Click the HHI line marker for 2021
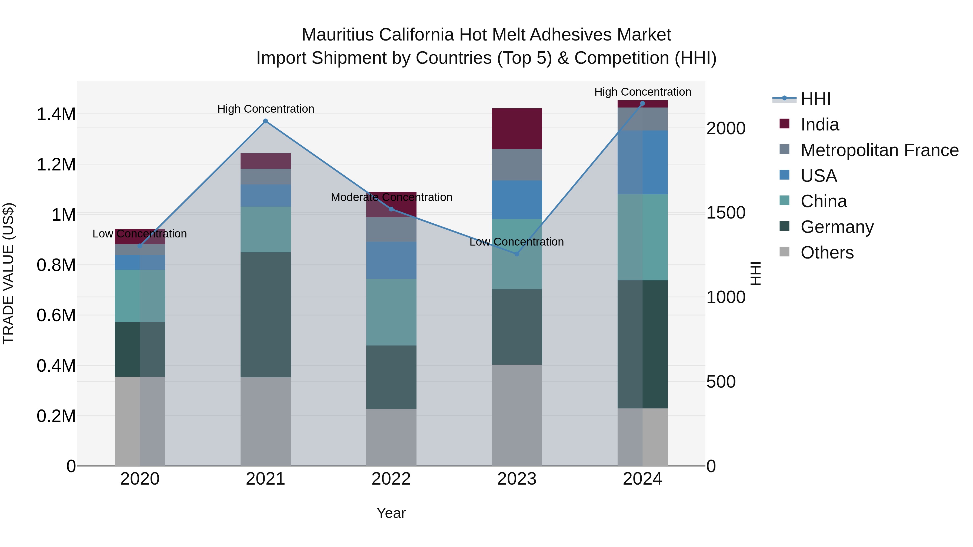[x=265, y=121]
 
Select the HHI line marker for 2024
[x=642, y=103]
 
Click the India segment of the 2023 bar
[x=517, y=129]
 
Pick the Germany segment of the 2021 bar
[x=265, y=315]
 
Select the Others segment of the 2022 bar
[x=391, y=437]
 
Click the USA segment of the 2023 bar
[x=517, y=200]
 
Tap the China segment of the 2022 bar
[x=391, y=312]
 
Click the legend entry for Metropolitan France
[x=879, y=150]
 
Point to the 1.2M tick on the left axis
[x=56, y=165]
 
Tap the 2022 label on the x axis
[x=391, y=479]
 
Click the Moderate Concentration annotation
[x=391, y=197]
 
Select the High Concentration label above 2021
[x=265, y=109]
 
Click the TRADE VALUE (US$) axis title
[x=8, y=273]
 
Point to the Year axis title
[x=391, y=513]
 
